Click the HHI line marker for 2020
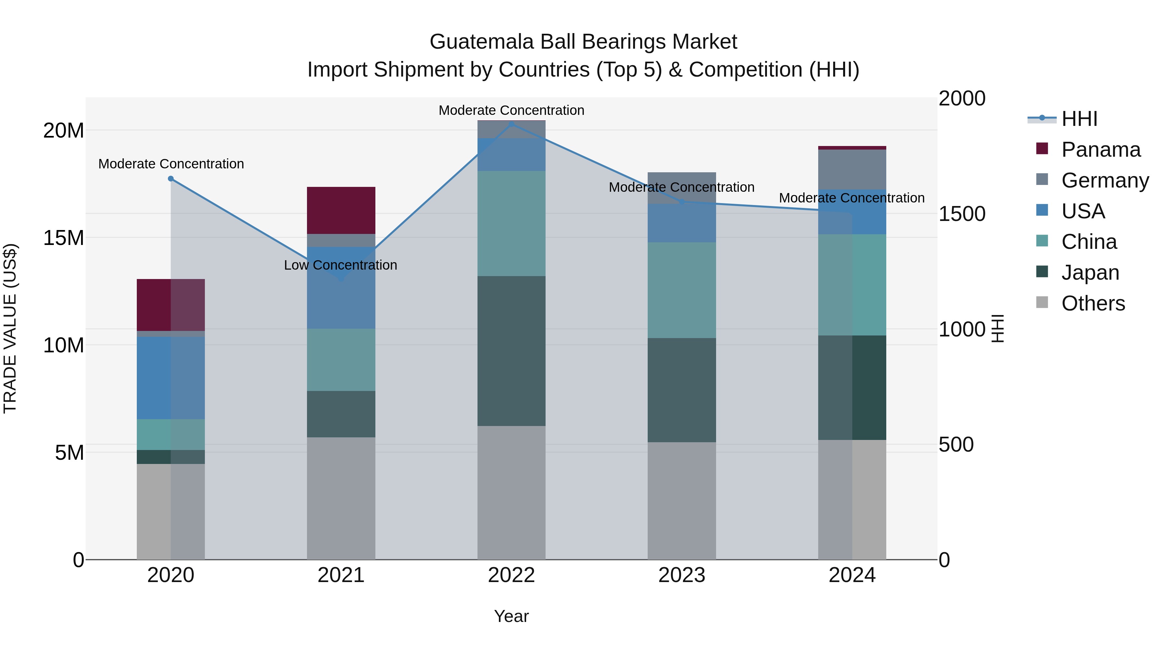pyautogui.click(x=171, y=179)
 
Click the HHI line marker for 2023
pyautogui.click(x=682, y=202)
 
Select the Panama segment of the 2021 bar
pyautogui.click(x=341, y=210)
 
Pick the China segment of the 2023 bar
pyautogui.click(x=682, y=290)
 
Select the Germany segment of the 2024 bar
pyautogui.click(x=852, y=169)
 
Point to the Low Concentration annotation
pyautogui.click(x=341, y=265)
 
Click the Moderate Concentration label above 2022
pyautogui.click(x=512, y=110)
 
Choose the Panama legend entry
pyautogui.click(x=1101, y=150)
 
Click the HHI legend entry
pyautogui.click(x=1079, y=119)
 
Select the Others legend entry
pyautogui.click(x=1093, y=303)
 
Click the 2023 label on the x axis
pyautogui.click(x=682, y=575)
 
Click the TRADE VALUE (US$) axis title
pyautogui.click(x=10, y=328)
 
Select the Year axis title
pyautogui.click(x=512, y=616)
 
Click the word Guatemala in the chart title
pyautogui.click(x=480, y=42)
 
